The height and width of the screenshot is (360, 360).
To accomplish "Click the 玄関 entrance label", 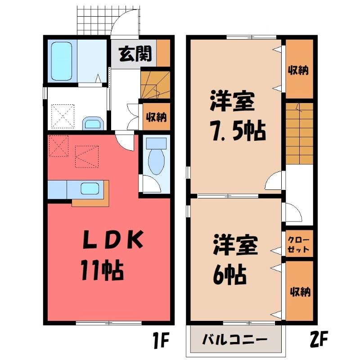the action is [x=135, y=54].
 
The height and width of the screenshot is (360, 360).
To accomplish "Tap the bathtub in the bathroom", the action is [x=62, y=61].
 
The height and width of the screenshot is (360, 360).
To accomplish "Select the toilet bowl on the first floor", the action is [x=156, y=162].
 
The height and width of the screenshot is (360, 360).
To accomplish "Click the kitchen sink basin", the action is [x=90, y=189].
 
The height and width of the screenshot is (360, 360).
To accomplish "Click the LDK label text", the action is [x=113, y=240].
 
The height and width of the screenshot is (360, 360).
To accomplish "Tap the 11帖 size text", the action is [x=102, y=270].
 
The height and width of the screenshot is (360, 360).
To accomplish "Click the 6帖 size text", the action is [x=229, y=274].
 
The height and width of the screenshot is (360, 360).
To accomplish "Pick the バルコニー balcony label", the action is [x=234, y=339].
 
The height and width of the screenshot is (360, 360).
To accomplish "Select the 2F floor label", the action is [x=319, y=339].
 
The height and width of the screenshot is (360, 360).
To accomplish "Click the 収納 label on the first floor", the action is [x=157, y=117].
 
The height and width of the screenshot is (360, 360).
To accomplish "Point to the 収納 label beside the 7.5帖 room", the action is [x=298, y=70].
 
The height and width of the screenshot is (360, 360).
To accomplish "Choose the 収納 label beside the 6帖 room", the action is [x=300, y=292].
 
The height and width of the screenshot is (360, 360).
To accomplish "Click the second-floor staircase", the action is [x=300, y=133].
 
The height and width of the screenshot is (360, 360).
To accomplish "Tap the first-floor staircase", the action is [x=155, y=85].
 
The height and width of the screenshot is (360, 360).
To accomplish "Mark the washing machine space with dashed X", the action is [x=63, y=116].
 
